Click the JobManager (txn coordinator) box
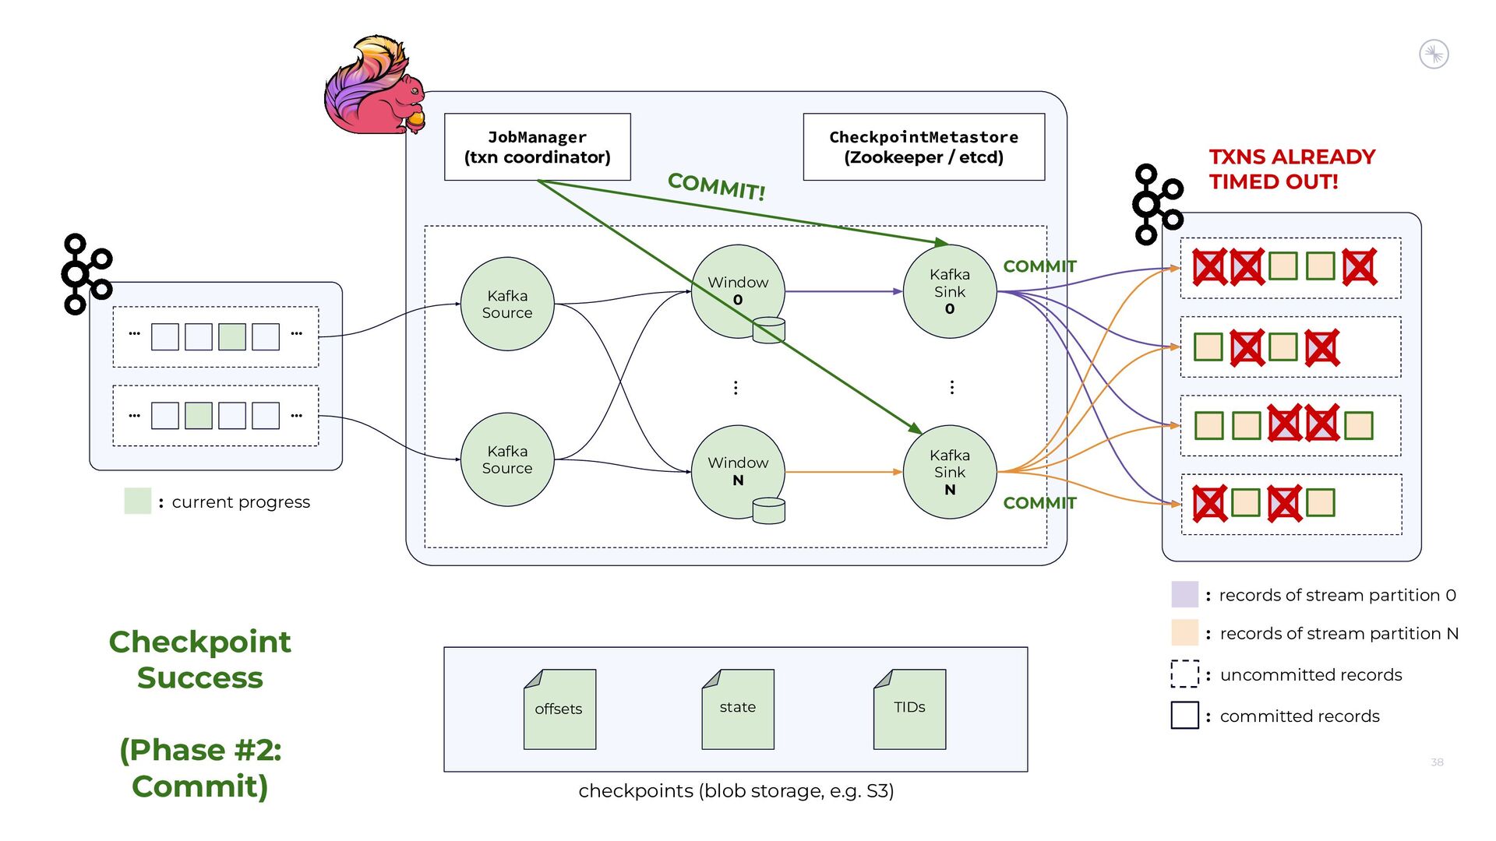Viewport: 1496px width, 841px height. (x=537, y=147)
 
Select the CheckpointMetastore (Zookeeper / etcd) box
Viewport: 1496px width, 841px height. (x=923, y=147)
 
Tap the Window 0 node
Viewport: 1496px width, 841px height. (x=737, y=290)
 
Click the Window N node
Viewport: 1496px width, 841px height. (x=737, y=471)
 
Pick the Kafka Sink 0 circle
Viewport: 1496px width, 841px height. (x=949, y=291)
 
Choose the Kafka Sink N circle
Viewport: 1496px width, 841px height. (x=949, y=472)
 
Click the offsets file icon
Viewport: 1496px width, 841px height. (x=559, y=709)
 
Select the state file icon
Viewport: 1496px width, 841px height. (x=737, y=709)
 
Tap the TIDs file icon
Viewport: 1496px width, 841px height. (x=909, y=709)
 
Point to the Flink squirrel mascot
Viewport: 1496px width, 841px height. (x=374, y=86)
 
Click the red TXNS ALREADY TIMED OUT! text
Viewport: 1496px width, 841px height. (x=1292, y=169)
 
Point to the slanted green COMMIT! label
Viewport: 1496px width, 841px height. (x=716, y=186)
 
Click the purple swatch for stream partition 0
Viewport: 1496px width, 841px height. (x=1184, y=594)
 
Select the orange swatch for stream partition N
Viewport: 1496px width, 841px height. (x=1184, y=633)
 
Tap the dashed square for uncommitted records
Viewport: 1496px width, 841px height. (x=1184, y=674)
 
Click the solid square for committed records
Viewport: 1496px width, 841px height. (x=1184, y=716)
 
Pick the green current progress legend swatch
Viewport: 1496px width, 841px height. (x=138, y=501)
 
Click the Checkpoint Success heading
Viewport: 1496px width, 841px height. (x=200, y=660)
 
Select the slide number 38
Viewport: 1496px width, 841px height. (x=1437, y=762)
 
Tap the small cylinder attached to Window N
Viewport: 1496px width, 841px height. (x=768, y=511)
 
